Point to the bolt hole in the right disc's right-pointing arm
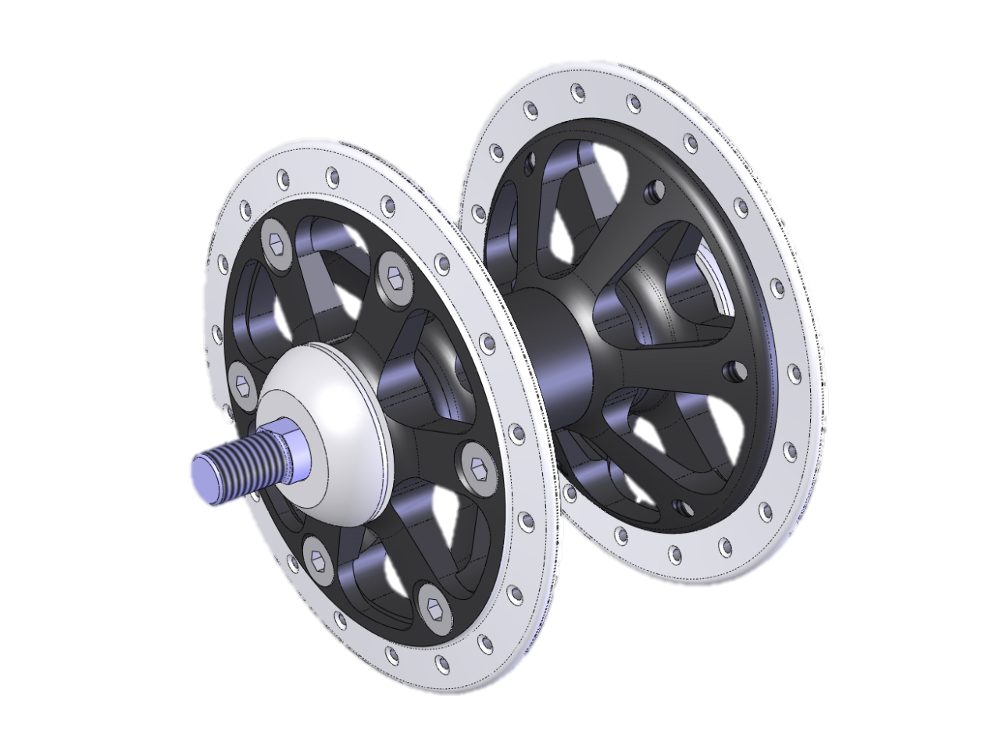[x=732, y=366]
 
